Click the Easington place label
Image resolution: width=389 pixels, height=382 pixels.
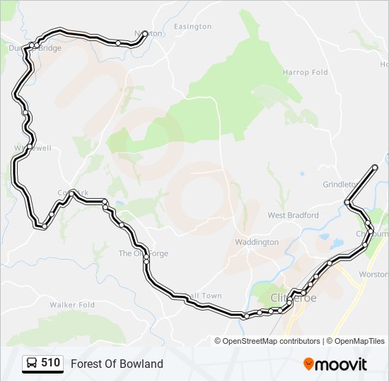point(192,26)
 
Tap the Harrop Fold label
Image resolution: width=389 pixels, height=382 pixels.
point(306,72)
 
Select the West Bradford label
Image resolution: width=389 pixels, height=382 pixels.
point(293,215)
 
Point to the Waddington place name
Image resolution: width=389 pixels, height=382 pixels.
point(257,242)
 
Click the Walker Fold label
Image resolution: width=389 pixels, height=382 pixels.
point(72,305)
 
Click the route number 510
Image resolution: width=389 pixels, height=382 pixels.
point(50,363)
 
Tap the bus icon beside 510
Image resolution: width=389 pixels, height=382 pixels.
point(32,364)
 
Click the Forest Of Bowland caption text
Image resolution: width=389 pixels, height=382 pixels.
point(117,364)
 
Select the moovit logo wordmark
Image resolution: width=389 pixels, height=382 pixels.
point(342,364)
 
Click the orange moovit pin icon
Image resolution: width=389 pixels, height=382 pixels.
point(309,364)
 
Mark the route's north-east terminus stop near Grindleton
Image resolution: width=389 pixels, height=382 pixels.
point(375,168)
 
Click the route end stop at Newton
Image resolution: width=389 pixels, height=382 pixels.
point(145,33)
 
